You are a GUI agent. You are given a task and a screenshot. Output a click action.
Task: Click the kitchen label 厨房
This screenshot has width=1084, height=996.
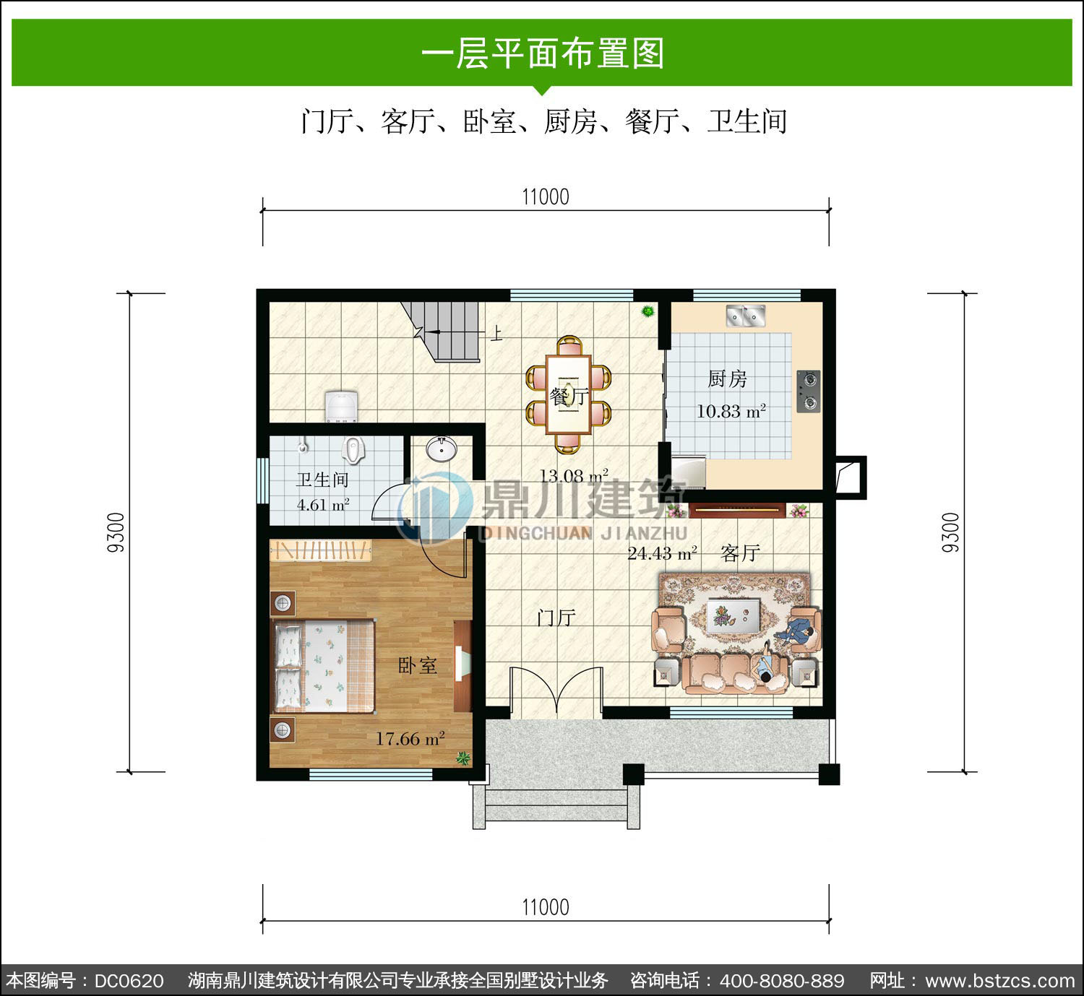pos(727,379)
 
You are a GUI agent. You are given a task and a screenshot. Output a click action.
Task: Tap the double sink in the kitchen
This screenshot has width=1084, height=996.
pos(746,316)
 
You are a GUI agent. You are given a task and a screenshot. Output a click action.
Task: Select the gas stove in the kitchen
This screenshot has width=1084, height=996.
pos(809,391)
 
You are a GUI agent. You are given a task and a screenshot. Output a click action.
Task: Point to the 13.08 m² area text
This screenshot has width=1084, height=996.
pos(574,476)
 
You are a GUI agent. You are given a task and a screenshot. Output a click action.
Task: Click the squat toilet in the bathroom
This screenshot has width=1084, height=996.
pos(353,450)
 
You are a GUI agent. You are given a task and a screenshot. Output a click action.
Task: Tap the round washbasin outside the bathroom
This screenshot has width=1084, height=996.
pos(442,449)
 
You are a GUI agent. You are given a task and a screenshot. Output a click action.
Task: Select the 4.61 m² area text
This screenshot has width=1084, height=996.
pos(323,505)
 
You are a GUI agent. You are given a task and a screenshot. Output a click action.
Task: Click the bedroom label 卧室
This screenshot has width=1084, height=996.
pos(417,665)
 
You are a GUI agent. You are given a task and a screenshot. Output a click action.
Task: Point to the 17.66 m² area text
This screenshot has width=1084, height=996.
pos(410,738)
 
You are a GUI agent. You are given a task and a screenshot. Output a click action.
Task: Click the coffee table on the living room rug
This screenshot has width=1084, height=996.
pos(734,615)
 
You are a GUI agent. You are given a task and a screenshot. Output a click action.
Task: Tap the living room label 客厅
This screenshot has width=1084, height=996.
pos(740,553)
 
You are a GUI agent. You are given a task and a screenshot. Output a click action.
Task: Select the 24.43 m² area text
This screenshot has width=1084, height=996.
pos(662,554)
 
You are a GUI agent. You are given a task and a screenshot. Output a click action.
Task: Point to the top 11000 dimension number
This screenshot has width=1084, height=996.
pos(545,197)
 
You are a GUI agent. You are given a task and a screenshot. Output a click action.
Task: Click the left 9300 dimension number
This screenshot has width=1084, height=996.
pos(116,532)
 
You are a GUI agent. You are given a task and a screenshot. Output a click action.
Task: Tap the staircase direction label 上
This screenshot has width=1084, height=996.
pos(496,333)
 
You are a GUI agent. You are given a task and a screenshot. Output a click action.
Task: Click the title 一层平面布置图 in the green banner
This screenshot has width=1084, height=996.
pos(543,53)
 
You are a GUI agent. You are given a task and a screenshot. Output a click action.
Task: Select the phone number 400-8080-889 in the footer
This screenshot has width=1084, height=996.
pos(782,980)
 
